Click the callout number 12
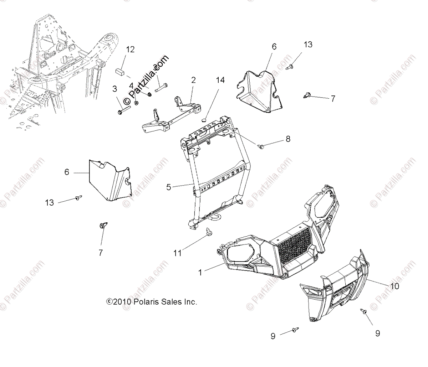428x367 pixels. [130, 49]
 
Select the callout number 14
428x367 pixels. [220, 80]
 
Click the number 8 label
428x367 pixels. [288, 139]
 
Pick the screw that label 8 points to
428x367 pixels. [261, 146]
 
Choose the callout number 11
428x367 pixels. [177, 253]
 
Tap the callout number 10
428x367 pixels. [394, 286]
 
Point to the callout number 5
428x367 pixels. [169, 186]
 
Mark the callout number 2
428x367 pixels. [193, 80]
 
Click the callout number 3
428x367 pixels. [114, 89]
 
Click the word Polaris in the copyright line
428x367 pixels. [146, 302]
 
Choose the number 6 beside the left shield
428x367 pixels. [67, 172]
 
